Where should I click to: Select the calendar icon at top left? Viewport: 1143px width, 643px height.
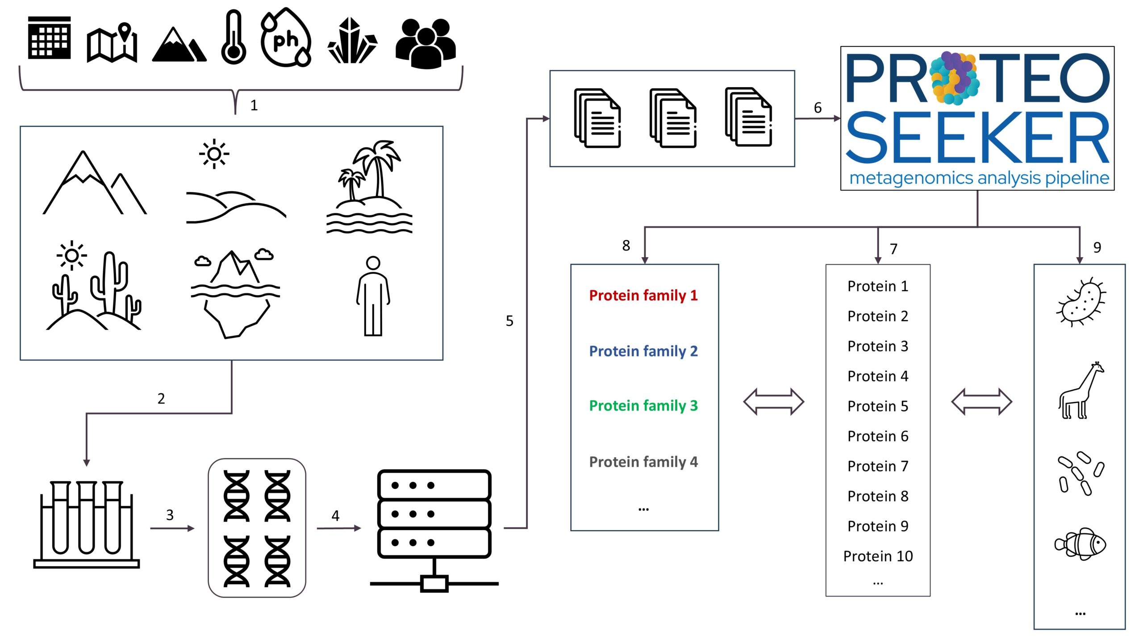click(49, 38)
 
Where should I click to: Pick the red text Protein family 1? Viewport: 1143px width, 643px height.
click(643, 295)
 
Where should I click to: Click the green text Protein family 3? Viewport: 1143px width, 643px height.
click(643, 405)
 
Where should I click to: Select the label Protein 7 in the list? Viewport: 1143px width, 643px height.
click(878, 466)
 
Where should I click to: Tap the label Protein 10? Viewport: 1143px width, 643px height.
click(878, 556)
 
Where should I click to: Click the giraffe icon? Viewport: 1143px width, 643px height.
click(1080, 391)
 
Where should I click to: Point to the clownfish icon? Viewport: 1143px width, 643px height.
click(1080, 544)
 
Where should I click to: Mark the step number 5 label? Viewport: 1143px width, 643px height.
click(509, 321)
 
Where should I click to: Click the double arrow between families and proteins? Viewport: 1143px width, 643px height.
click(773, 401)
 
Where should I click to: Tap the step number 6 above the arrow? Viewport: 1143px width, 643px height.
click(818, 108)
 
